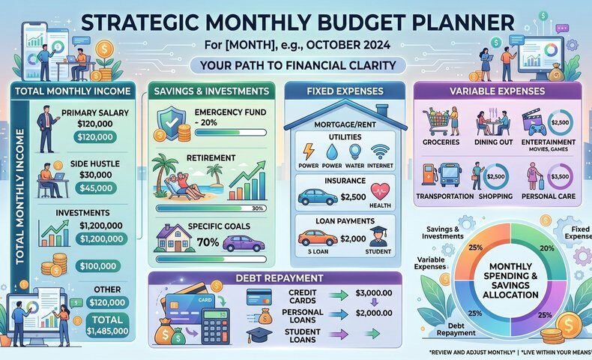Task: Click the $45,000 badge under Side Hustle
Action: [96, 188]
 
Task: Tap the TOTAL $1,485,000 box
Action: [108, 325]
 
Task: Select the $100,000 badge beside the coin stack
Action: [97, 266]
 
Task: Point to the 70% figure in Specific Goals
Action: [208, 241]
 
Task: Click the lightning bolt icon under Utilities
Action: [309, 151]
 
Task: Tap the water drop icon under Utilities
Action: [332, 151]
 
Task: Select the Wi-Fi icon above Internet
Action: [379, 151]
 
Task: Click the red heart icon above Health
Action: [380, 191]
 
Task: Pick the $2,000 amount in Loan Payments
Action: [353, 238]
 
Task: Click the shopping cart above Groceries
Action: [436, 122]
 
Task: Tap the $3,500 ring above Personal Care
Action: [560, 176]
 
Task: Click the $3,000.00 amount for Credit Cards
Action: [374, 292]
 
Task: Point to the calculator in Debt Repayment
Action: [215, 325]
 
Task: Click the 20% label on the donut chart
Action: [547, 248]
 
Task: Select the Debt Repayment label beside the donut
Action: [456, 329]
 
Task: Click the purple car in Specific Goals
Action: [244, 243]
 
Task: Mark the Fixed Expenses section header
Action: [345, 91]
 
